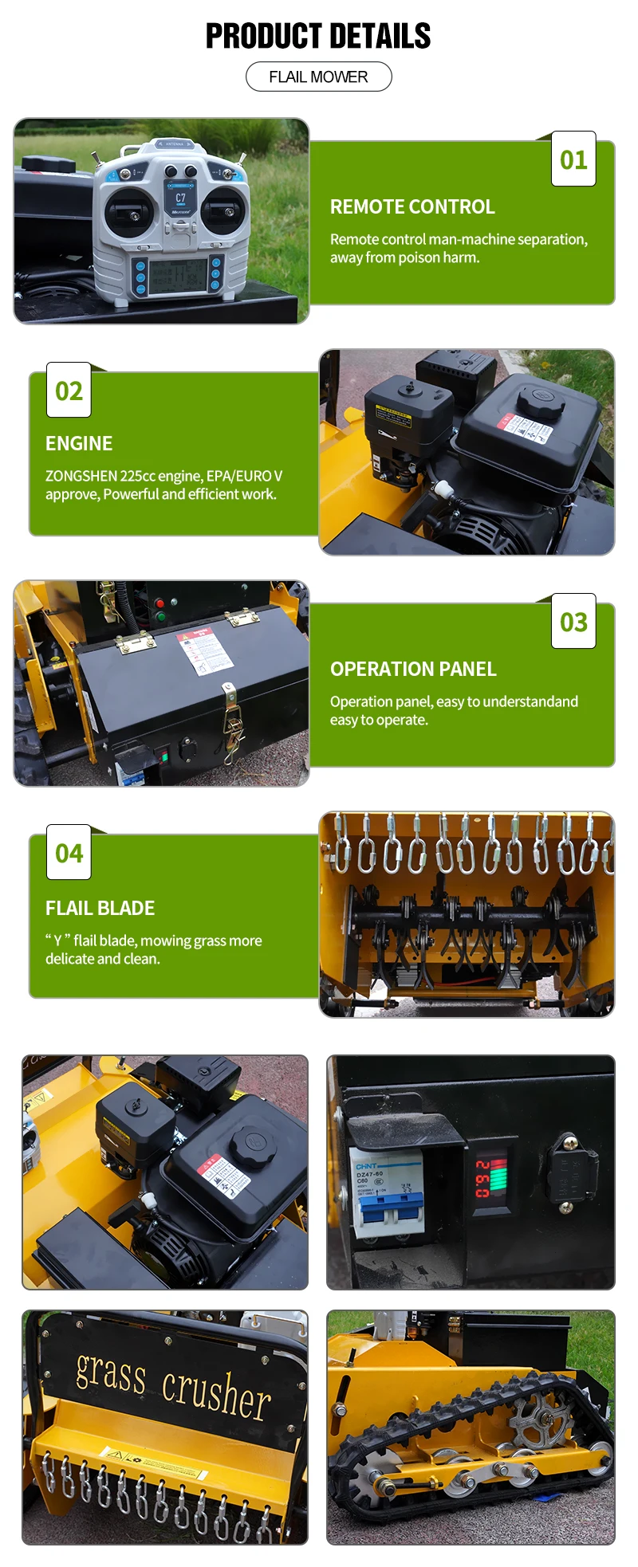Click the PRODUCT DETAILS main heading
(318, 36)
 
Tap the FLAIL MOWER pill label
(318, 77)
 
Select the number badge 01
(573, 159)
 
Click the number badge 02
(69, 391)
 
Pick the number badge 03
(573, 622)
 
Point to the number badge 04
(69, 853)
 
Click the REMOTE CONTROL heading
(412, 206)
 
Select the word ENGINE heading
(79, 443)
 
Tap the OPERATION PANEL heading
(413, 669)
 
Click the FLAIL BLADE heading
(100, 908)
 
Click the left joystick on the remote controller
(133, 213)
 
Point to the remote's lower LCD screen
(177, 276)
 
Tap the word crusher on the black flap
(216, 1394)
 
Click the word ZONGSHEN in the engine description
(81, 476)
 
